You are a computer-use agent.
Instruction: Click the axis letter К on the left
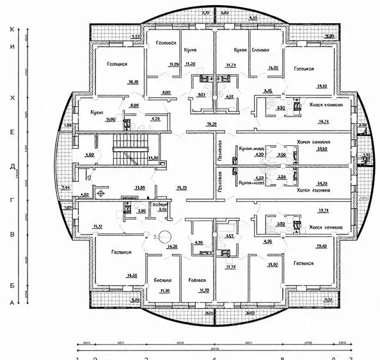12,29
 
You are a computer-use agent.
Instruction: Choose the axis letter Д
12,166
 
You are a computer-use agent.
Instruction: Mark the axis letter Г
12,200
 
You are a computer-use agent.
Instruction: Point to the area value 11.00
93,119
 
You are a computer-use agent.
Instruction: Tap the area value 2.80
141,209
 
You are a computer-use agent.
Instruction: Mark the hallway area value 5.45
268,90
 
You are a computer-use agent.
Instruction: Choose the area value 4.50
84,194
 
